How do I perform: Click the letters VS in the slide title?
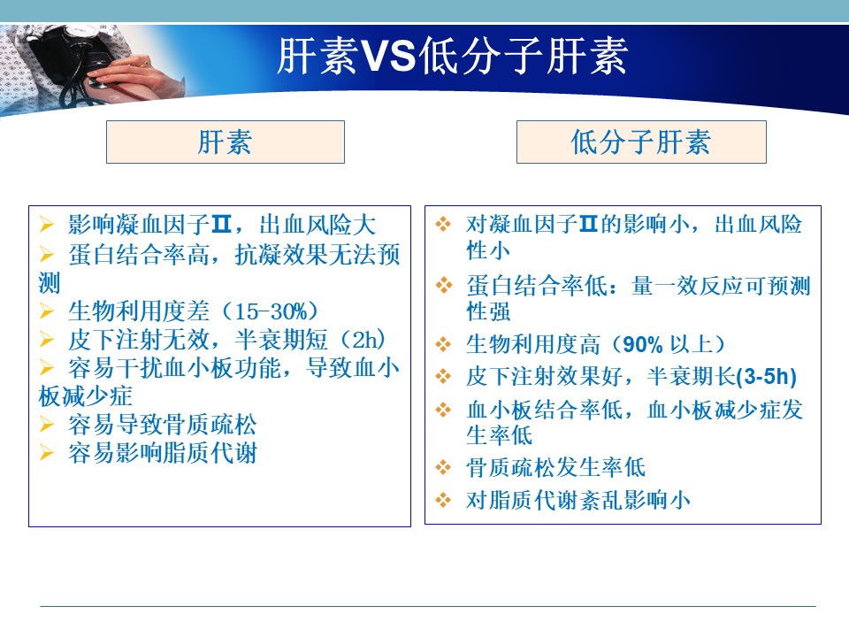click(x=388, y=56)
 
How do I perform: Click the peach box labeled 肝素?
click(x=226, y=142)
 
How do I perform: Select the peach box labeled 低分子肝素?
click(x=641, y=142)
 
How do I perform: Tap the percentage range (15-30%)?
click(x=271, y=311)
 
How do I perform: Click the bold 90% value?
click(x=643, y=344)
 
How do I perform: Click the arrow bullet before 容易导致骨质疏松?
click(x=47, y=424)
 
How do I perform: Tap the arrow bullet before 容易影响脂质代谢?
click(x=47, y=452)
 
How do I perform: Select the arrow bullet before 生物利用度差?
click(x=47, y=311)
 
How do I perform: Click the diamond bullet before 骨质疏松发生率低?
click(x=443, y=467)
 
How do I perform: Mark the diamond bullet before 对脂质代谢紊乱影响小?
click(x=443, y=499)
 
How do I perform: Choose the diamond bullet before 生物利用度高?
click(x=443, y=344)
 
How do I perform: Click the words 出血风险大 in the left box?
click(x=317, y=225)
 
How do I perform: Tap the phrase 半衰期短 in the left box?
click(x=281, y=340)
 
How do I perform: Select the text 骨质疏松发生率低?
click(x=555, y=467)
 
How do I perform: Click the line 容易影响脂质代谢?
click(x=162, y=453)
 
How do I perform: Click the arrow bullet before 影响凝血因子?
click(x=47, y=224)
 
